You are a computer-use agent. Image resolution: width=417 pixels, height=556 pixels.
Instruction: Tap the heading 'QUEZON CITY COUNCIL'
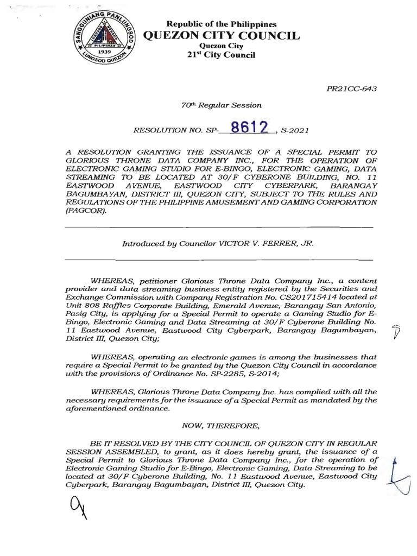click(220, 36)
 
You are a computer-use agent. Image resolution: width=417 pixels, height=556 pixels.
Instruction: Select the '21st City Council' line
click(220, 55)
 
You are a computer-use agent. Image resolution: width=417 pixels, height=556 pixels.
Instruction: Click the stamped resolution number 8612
click(249, 127)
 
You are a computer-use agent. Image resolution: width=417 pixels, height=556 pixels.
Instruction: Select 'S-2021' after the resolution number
click(297, 130)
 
